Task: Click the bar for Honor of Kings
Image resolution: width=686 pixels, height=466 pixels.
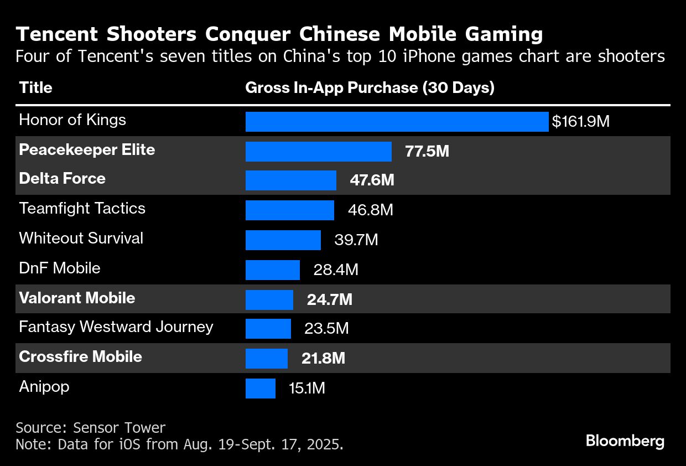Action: pos(397,122)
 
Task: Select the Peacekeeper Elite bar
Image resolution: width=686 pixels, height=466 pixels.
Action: pos(318,152)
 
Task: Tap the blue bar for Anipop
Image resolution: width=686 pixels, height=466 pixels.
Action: pos(260,388)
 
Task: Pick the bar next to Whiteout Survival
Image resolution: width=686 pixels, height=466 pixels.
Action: pos(283,240)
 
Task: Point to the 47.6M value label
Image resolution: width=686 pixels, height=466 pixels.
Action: pos(372,180)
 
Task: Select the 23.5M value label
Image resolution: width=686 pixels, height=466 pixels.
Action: pos(326,329)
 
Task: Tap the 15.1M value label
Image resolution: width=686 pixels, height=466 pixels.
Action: pos(306,388)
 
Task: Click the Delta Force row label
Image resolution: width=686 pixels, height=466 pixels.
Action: pos(62,178)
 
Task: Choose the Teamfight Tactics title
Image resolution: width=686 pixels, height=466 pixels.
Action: pos(82,209)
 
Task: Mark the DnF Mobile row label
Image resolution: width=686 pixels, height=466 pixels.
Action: pos(60,268)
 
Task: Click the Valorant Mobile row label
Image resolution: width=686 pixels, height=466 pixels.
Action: pos(77,298)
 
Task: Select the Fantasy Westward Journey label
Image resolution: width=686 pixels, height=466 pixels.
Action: pos(116,327)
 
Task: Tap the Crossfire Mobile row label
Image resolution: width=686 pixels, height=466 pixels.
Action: pos(80,357)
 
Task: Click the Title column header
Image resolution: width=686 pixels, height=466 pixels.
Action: pos(35,87)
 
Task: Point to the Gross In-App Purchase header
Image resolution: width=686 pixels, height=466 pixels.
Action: pos(369,87)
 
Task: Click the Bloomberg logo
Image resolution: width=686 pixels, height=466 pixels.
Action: pos(625,441)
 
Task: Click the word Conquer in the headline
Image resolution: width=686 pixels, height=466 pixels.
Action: pos(248,34)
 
